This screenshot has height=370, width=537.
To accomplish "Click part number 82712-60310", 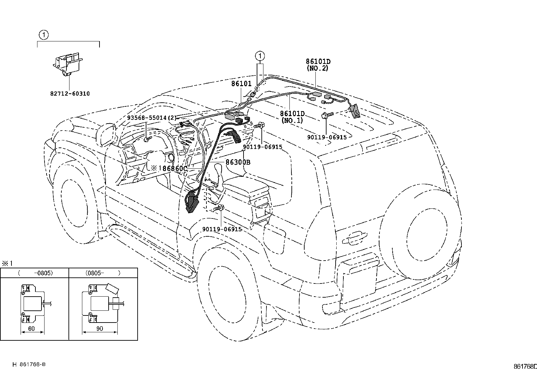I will tap(70, 94).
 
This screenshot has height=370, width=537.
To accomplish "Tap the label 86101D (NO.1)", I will tap(292, 117).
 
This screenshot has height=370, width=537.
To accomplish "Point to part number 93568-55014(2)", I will tap(151, 118).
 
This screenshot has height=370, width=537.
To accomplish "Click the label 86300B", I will tap(238, 162).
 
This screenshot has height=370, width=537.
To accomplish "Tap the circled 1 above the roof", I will tap(260, 56).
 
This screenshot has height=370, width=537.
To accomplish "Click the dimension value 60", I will tap(31, 329).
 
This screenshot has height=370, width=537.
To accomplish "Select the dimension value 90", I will tap(100, 329).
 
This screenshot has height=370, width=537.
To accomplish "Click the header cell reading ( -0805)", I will tap(35, 273).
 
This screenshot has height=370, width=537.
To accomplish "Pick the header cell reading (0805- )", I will tap(103, 273).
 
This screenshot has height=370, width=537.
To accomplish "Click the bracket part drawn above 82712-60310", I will tap(67, 64).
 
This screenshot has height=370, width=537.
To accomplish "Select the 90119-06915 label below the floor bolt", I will tap(222, 229).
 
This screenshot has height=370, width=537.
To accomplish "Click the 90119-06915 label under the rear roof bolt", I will tap(327, 137).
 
